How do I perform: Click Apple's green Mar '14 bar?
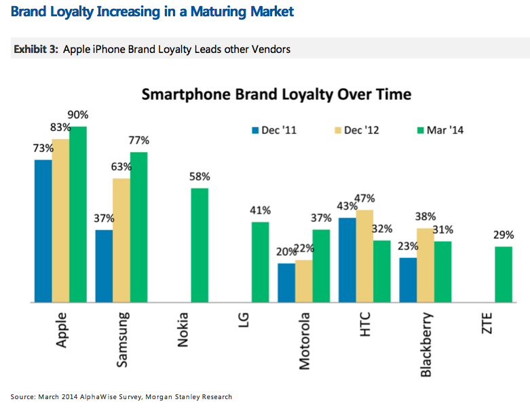point(79,214)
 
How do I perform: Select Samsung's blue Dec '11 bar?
point(105,265)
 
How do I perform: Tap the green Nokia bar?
point(200,244)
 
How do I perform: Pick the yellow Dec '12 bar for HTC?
point(364,256)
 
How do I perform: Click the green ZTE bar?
point(504,274)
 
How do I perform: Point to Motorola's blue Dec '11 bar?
point(286,282)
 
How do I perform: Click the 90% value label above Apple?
point(77,115)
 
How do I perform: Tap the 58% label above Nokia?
point(200,176)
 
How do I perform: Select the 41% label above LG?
point(261,210)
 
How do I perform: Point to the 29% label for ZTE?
point(504,235)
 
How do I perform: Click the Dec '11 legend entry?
point(275,130)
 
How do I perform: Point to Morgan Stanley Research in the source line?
point(196,396)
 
